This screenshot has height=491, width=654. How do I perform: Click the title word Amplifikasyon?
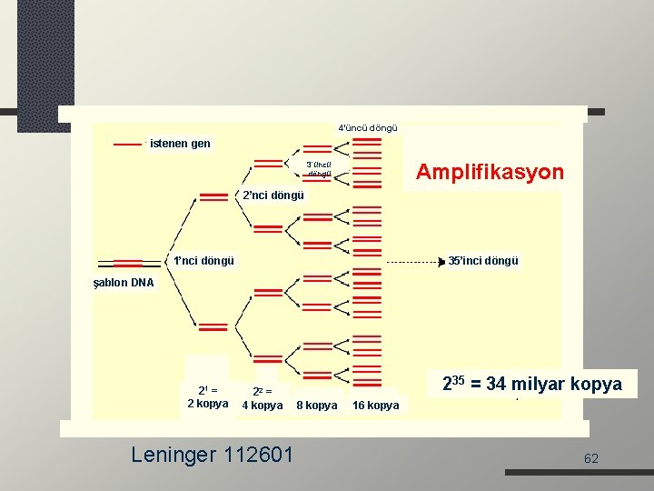coord(489,172)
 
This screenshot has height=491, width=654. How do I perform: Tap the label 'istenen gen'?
coord(180,144)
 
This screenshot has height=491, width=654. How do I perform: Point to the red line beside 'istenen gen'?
coord(127,144)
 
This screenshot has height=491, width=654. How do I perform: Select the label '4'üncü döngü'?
coord(367,128)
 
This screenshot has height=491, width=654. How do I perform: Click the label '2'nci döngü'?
coord(272,195)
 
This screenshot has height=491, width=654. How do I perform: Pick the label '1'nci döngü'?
coord(203,260)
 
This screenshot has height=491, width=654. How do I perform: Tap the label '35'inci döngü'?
coord(483,261)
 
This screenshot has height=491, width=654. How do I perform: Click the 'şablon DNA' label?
coord(124,283)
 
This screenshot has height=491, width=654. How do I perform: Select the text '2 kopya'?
coord(207,404)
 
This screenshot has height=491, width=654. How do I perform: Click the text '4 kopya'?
coord(262,406)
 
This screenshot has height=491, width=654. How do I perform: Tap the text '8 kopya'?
coord(316,406)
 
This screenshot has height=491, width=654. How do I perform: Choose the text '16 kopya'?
coord(375,406)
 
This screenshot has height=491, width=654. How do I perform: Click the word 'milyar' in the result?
coord(544,384)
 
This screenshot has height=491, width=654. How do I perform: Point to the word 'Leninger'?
coord(173,453)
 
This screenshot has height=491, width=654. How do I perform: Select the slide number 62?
coord(591,458)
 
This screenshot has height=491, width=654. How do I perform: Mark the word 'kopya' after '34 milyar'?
coord(599,384)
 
